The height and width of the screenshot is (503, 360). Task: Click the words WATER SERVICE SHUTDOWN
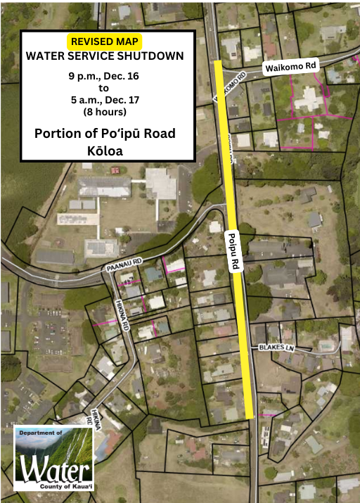coord(105,56)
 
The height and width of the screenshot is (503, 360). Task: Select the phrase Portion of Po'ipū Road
coord(105,133)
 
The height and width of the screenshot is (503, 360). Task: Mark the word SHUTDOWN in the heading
coord(153,56)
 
